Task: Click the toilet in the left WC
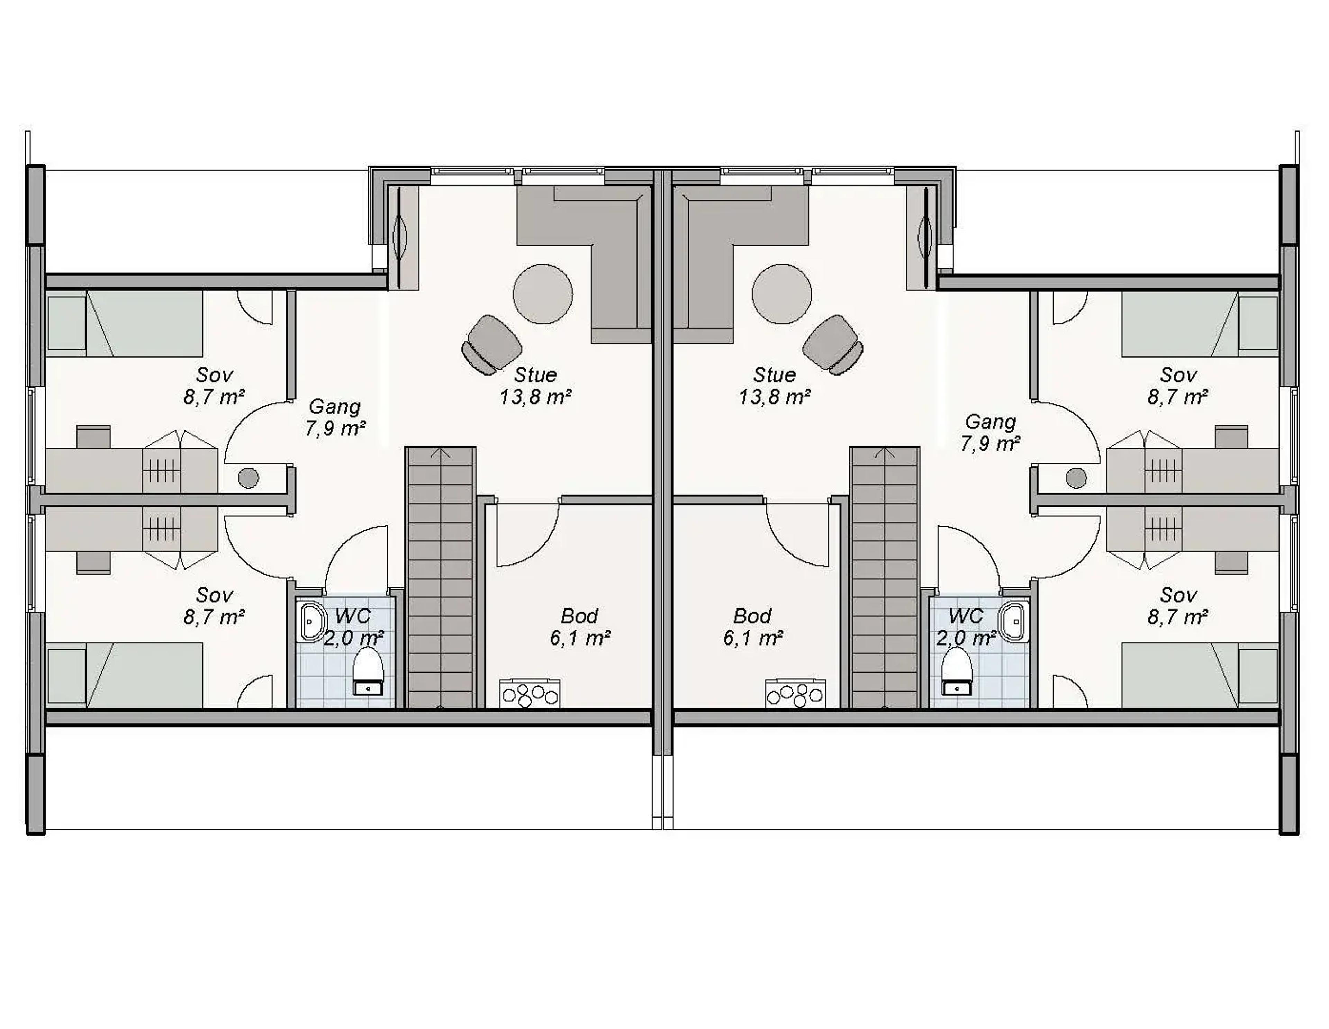368,670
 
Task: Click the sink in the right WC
1013,622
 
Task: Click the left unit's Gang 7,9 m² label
335,417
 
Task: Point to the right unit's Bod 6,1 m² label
753,627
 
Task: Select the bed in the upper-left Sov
125,323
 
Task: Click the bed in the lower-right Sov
1199,676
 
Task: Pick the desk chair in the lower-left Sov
93,562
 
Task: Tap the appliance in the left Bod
529,693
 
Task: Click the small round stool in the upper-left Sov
248,478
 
